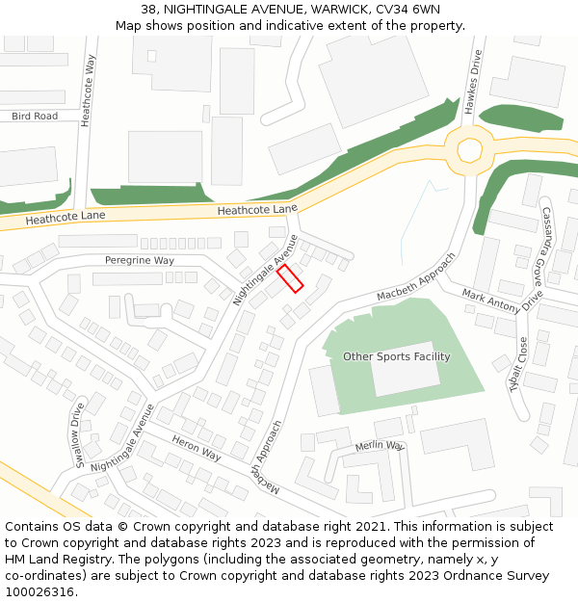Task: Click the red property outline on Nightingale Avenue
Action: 290,278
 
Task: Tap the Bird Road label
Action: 35,117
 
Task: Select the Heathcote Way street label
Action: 90,91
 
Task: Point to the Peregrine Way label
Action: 140,261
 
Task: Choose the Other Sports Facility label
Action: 397,357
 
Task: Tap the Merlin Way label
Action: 379,446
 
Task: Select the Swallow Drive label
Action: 79,435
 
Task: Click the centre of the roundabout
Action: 469,149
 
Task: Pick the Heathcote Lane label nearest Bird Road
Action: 66,218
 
